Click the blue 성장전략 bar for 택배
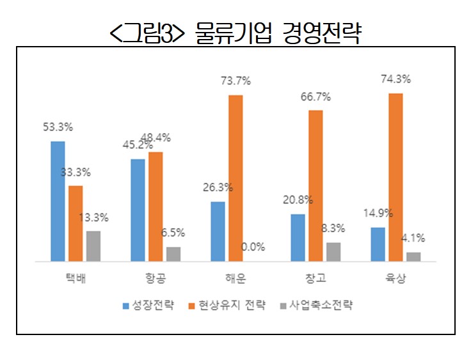click(58, 201)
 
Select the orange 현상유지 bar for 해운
click(235, 178)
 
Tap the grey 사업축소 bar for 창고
click(333, 251)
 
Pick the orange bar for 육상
click(395, 177)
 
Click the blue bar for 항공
click(138, 210)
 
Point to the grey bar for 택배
click(93, 246)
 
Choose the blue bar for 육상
click(378, 244)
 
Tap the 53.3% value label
click(58, 127)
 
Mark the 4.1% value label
click(413, 238)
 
